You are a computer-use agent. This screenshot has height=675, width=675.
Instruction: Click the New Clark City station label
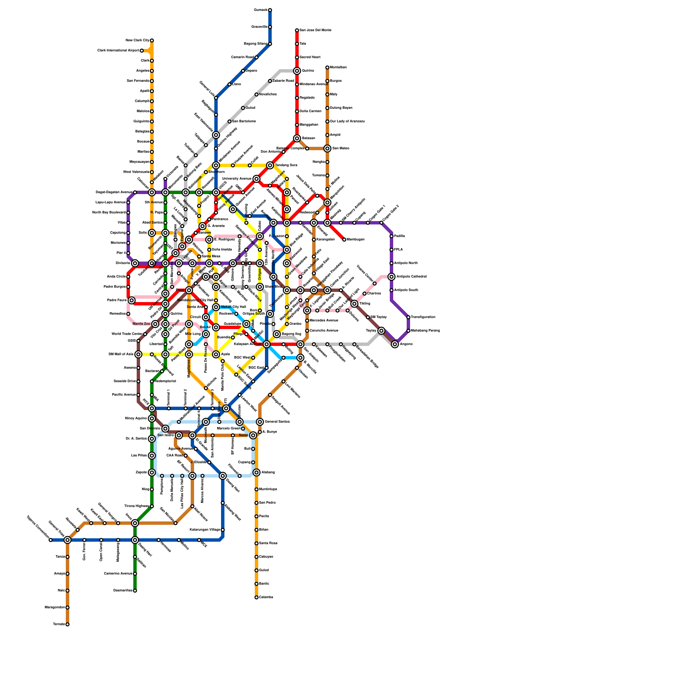[x=138, y=40]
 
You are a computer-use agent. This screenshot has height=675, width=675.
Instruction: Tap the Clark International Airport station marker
[x=142, y=51]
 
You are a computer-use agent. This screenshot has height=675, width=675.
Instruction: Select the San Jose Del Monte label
[x=316, y=30]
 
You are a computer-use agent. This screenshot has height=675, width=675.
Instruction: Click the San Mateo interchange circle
[x=327, y=148]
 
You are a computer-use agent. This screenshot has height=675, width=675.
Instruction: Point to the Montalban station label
[x=338, y=67]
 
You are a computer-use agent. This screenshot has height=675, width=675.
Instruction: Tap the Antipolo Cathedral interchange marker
[x=391, y=277]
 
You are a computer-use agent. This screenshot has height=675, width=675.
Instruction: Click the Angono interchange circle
[x=395, y=344]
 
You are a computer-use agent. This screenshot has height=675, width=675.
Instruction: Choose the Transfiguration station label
[x=423, y=317]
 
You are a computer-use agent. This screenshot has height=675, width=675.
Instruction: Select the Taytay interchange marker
[x=381, y=331]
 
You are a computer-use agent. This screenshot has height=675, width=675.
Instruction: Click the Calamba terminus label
[x=266, y=597]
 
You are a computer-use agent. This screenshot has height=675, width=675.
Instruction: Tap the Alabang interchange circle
[x=256, y=472]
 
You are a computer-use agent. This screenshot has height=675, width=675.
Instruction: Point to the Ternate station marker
[x=67, y=624]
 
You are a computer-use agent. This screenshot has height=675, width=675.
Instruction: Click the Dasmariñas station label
[x=123, y=591]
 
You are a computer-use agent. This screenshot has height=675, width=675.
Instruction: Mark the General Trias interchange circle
[x=67, y=540]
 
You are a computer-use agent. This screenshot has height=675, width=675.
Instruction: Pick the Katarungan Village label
[x=205, y=530]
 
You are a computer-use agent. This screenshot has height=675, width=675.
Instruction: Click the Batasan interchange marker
[x=297, y=138]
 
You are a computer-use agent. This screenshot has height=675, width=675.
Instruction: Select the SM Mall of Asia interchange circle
[x=138, y=354]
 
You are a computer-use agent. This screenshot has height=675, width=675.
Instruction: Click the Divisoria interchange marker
[x=135, y=263]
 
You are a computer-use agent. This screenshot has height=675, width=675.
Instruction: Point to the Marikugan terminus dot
[x=344, y=240]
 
